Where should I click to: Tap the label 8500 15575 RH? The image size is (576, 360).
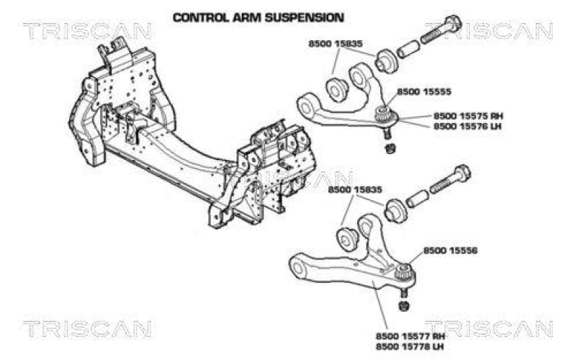[467, 115]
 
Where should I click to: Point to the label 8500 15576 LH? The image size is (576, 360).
[467, 126]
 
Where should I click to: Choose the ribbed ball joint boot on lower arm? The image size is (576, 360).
[403, 273]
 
